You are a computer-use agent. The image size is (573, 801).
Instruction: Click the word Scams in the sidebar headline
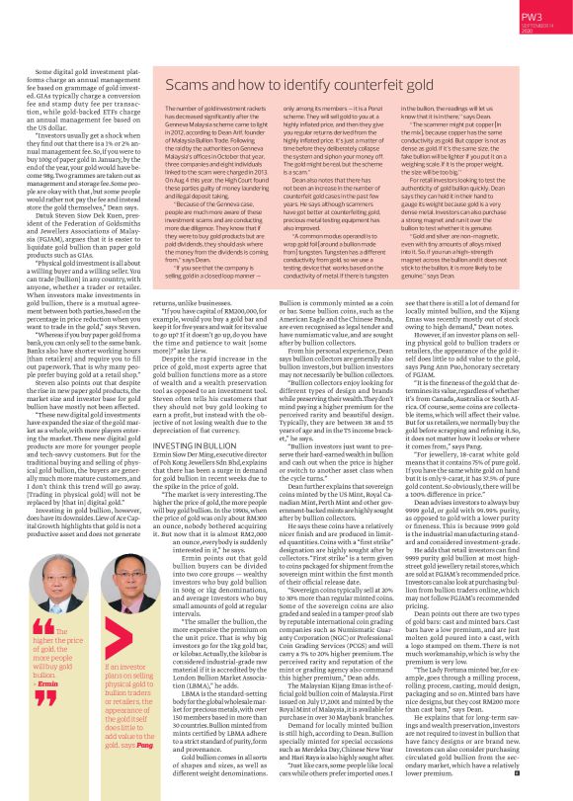tap(188, 87)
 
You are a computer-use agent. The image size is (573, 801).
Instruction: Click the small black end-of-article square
tap(517, 773)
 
